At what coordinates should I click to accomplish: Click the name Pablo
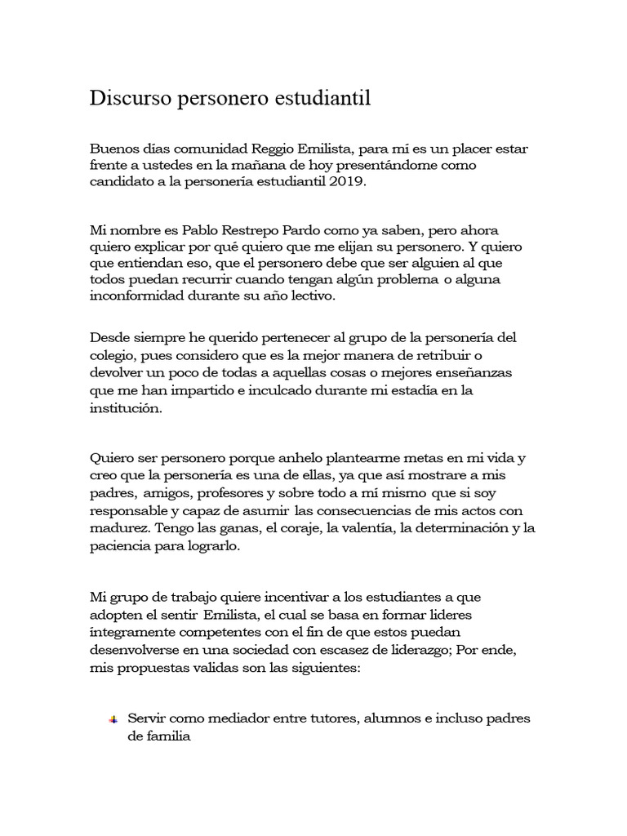[206, 231]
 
